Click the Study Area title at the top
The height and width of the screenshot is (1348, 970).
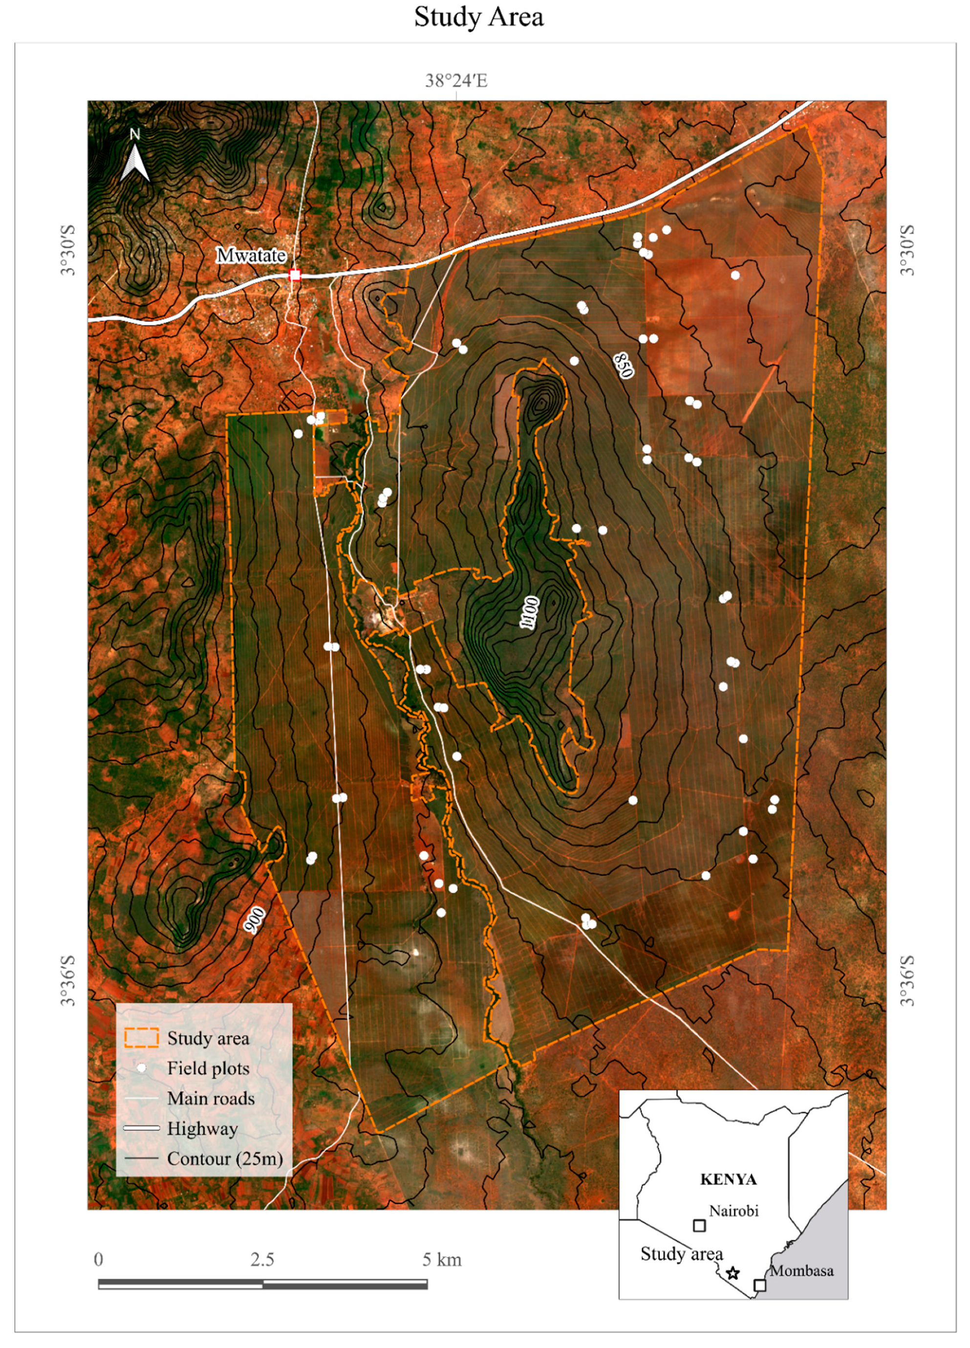tap(478, 17)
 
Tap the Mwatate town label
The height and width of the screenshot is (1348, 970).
tap(251, 255)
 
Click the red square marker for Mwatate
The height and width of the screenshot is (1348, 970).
tap(295, 275)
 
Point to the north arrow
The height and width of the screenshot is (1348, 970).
tap(135, 157)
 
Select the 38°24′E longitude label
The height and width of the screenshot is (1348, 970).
tap(456, 81)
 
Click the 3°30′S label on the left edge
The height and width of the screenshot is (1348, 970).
tap(68, 250)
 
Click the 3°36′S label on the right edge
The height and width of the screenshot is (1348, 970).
tap(906, 980)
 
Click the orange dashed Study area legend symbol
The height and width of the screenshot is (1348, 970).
tap(141, 1038)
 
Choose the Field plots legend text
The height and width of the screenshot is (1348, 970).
tap(208, 1068)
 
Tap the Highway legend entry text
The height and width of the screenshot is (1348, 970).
tap(202, 1128)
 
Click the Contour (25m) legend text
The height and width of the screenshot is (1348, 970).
tap(225, 1158)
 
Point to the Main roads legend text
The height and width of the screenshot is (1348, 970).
tap(211, 1098)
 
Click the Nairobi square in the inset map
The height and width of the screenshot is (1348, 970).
tap(700, 1225)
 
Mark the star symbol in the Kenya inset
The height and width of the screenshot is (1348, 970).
tap(733, 1273)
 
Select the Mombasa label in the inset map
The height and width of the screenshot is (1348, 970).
tap(801, 1271)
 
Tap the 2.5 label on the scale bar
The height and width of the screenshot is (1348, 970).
tap(262, 1260)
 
